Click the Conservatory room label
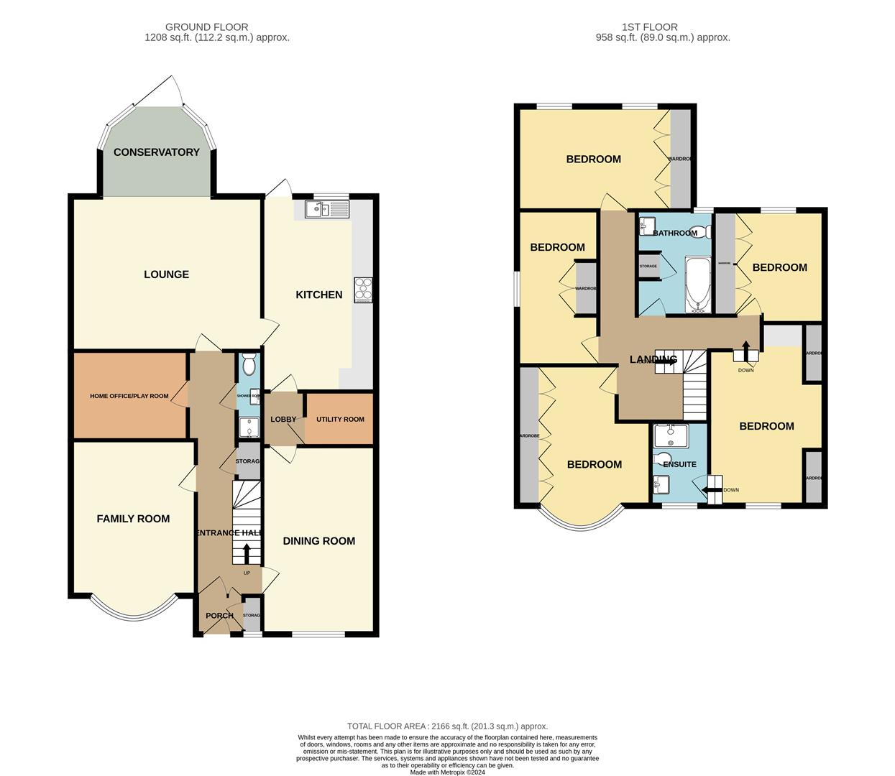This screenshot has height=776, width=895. coord(156,152)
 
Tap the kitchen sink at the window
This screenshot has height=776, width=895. coord(326,209)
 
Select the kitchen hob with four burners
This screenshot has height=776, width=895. coord(362,289)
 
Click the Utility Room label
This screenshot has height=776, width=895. coord(340,419)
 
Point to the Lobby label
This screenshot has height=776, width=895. coord(283,420)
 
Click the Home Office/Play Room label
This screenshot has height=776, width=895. coord(129,396)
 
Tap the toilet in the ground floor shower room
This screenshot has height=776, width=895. coord(249,366)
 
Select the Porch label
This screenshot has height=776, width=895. coord(219,616)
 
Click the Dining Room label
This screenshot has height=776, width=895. coord(318,541)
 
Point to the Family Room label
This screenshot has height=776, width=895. coord(133,519)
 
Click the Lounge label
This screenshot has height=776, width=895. coord(166,274)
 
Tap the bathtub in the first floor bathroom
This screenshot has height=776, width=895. coord(697,286)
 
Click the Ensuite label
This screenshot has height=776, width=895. coord(679,464)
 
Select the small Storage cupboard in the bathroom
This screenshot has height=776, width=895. coord(648,267)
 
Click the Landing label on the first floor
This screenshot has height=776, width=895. coord(653,359)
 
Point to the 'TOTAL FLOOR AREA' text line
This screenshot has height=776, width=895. coord(447,726)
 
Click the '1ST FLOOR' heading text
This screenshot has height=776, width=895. coord(662,27)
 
